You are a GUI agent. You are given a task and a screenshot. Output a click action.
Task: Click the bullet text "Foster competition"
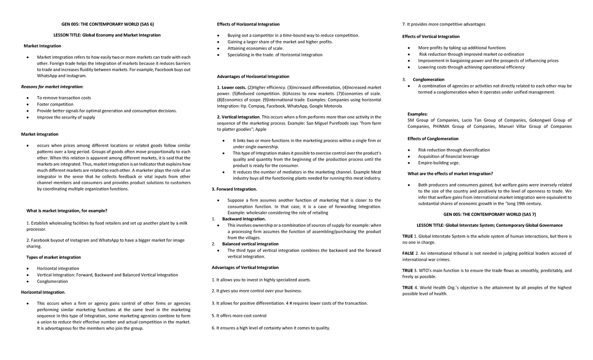55,104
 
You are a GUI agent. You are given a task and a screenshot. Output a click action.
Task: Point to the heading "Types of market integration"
53,257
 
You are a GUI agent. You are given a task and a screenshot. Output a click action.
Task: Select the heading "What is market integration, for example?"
67,211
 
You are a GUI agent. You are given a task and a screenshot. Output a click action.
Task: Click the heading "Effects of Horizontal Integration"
248,24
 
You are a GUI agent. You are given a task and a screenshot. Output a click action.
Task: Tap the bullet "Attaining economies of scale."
255,48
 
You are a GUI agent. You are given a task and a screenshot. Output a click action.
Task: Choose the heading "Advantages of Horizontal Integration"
253,77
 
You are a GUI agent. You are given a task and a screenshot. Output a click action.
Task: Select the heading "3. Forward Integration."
234,189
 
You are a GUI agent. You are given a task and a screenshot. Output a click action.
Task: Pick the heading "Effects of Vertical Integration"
431,37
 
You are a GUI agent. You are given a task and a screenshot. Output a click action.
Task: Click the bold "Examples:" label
418,114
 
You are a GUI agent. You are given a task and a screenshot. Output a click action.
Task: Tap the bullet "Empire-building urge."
439,162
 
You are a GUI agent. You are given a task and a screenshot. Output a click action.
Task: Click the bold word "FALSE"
408,253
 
